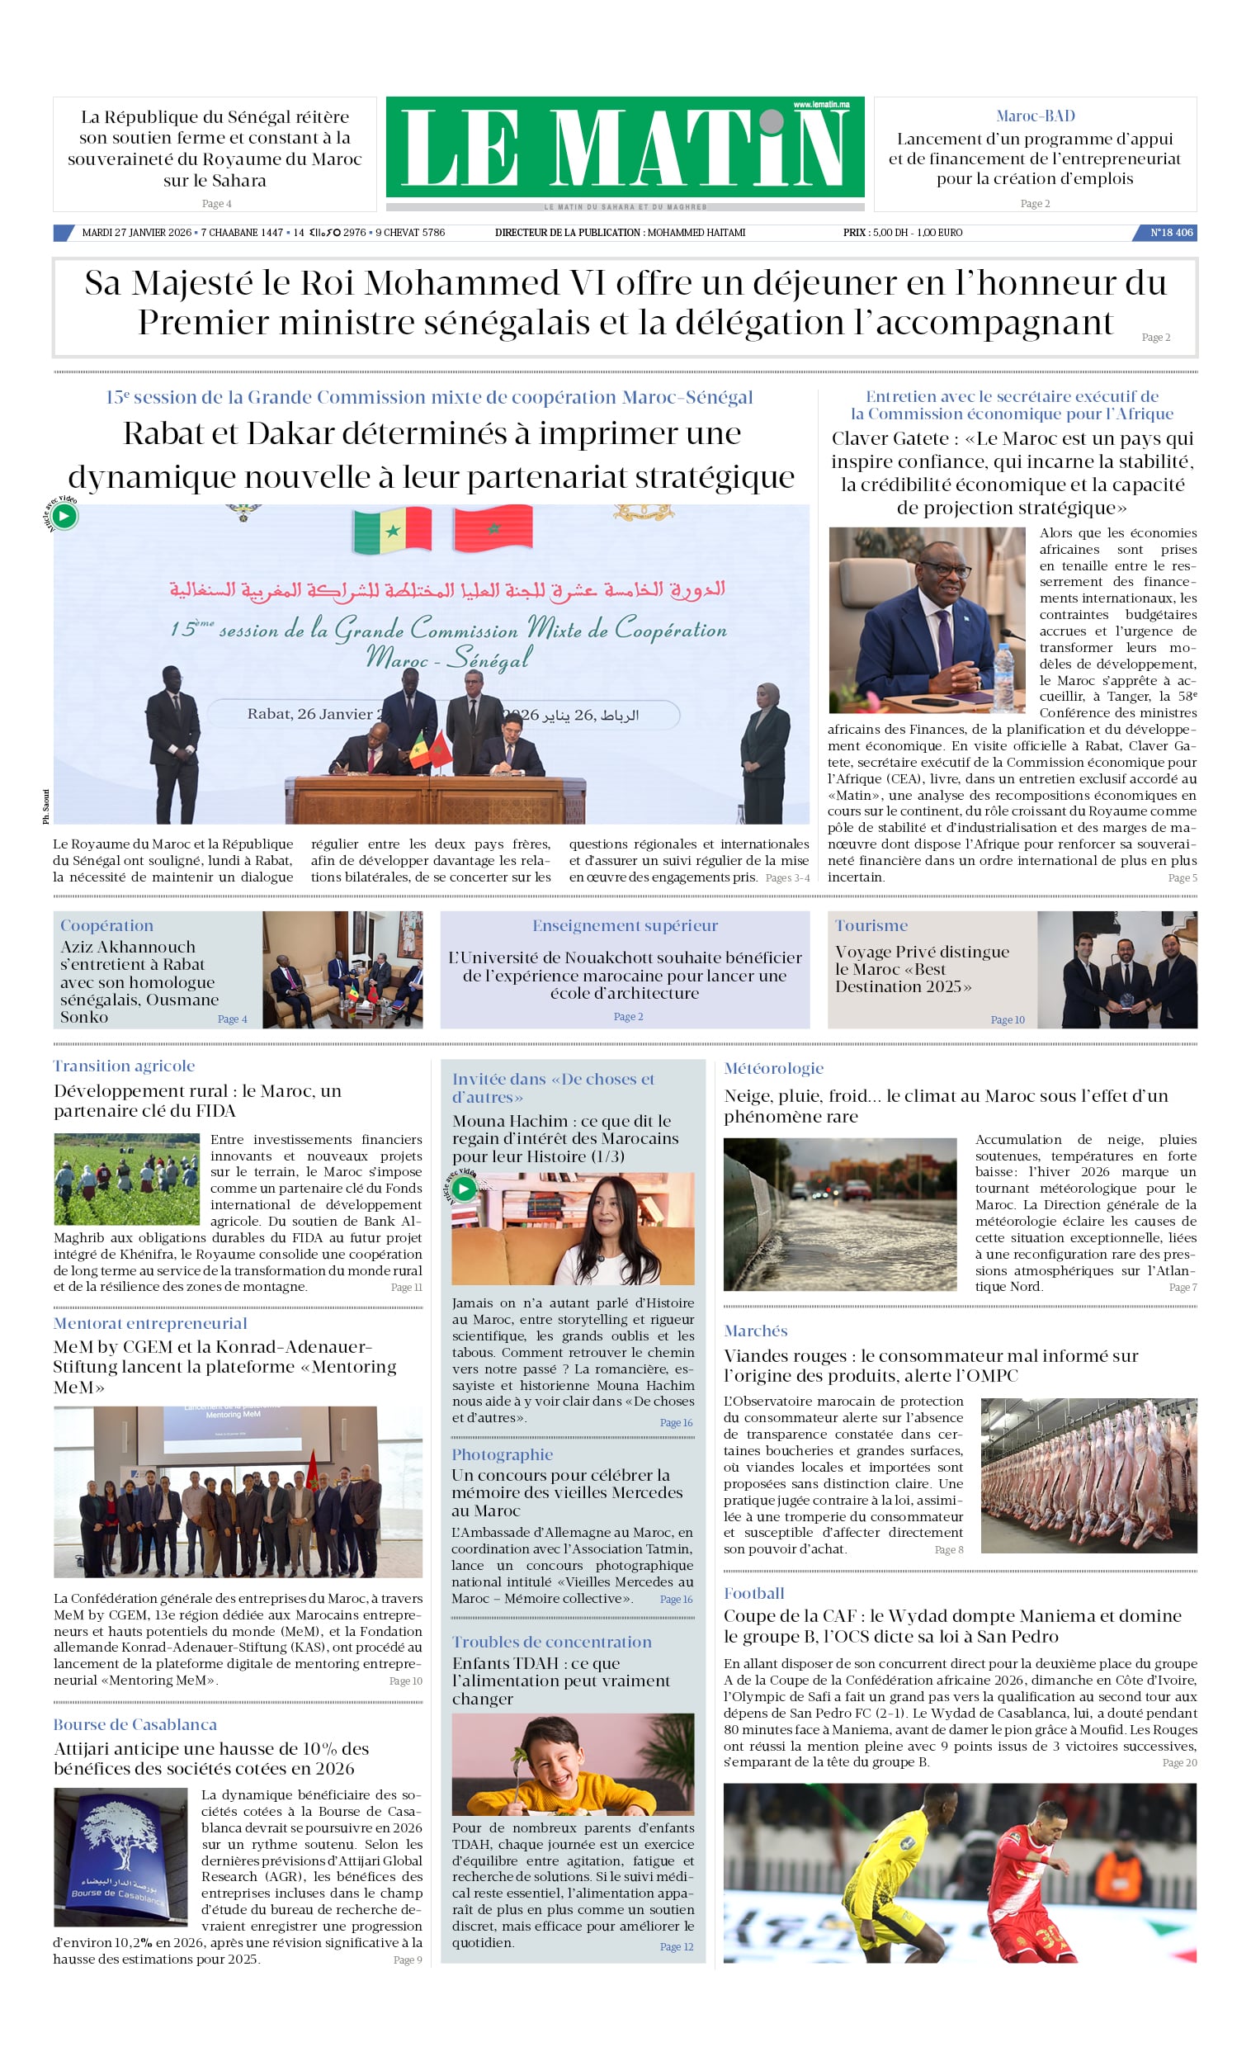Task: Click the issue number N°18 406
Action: (x=1170, y=232)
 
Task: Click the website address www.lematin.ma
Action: (x=821, y=105)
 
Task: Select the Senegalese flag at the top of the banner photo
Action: (x=392, y=529)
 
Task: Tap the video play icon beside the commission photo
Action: (x=64, y=516)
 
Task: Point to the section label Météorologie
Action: (x=773, y=1068)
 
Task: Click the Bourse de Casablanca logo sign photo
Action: (x=120, y=1856)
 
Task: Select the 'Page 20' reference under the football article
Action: (x=1179, y=1762)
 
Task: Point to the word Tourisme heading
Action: (x=871, y=925)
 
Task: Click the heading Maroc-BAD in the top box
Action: (x=1035, y=116)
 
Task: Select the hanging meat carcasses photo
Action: (x=1088, y=1475)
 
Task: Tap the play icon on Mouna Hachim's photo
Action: (x=463, y=1188)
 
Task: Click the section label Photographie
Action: (x=503, y=1454)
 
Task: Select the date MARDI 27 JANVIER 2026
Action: (x=137, y=232)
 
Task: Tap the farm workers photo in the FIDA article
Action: (x=126, y=1179)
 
